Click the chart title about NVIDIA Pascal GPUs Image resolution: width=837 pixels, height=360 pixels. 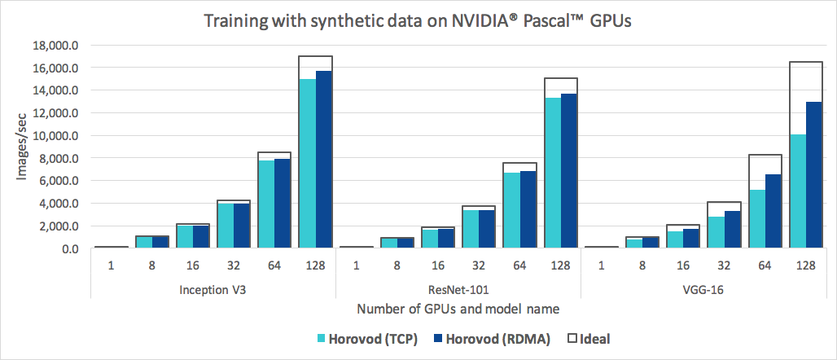click(418, 22)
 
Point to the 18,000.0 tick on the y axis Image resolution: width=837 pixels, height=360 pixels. click(51, 46)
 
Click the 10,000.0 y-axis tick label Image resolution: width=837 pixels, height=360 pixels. click(51, 136)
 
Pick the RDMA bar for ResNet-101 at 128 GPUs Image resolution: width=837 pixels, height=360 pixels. click(570, 170)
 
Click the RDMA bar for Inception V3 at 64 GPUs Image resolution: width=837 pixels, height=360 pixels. click(283, 204)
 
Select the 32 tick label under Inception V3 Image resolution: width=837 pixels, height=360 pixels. click(233, 265)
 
